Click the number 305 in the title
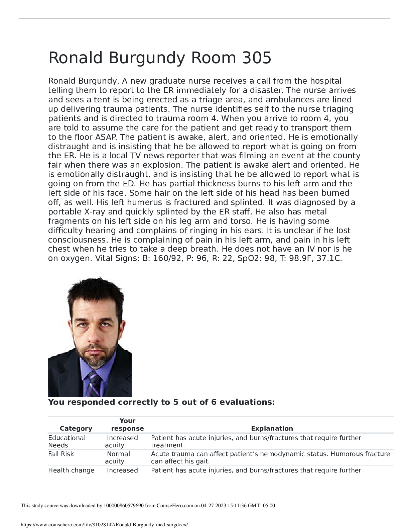[x=256, y=58]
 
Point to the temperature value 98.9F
[x=302, y=259]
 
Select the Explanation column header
[x=272, y=428]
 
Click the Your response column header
[x=127, y=425]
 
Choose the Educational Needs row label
[x=67, y=441]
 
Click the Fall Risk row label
[x=61, y=454]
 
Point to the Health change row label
[x=71, y=470]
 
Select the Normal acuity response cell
[x=118, y=457]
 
